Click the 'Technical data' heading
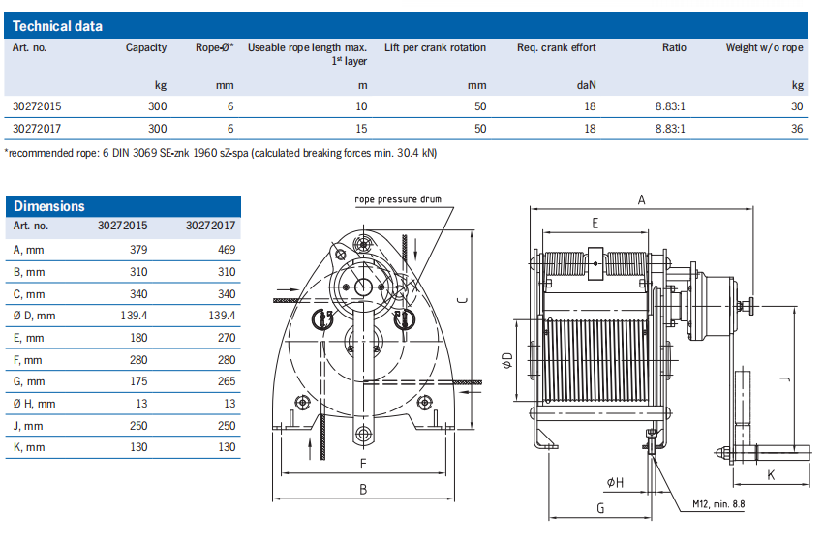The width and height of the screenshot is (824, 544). point(58,26)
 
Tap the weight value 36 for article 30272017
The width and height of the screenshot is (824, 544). point(797,128)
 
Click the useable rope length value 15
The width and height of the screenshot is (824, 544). point(361,128)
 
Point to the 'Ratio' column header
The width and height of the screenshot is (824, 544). point(674,47)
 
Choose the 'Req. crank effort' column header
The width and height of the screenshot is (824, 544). point(556,47)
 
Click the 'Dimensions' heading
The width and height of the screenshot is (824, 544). point(48,206)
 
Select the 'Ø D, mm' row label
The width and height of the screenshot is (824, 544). point(34,316)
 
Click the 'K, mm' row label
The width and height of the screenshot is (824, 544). point(29,447)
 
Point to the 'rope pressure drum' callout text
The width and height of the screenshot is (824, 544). point(398,198)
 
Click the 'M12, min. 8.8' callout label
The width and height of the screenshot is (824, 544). point(718,503)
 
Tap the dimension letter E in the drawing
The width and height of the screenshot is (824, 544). point(595,223)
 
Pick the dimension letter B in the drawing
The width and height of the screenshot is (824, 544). point(362,489)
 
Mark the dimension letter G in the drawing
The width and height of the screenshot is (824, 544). point(599,507)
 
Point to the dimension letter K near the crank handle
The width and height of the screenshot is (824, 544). point(771,475)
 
